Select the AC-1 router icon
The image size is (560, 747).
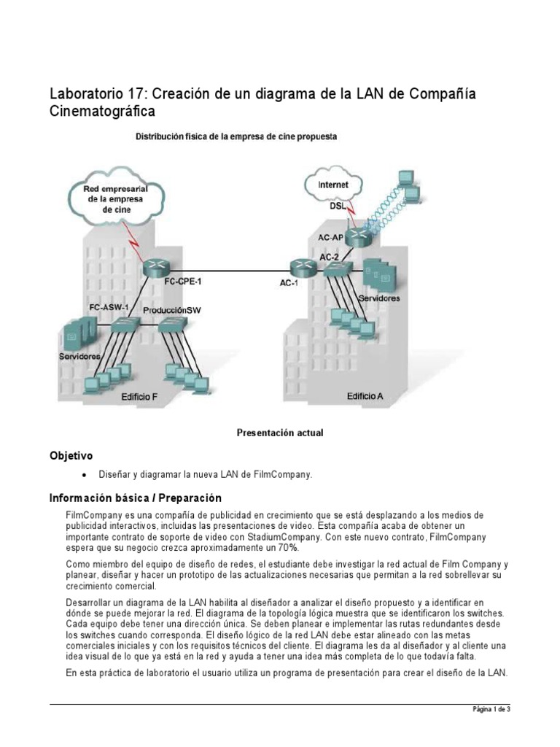coord(300,266)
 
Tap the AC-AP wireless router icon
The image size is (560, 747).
coord(357,236)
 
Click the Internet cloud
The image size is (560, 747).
coord(333,185)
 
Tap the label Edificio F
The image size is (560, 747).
coord(139,397)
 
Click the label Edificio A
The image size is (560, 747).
coord(365,396)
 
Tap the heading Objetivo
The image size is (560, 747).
coord(71,456)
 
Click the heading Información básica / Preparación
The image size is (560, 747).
coord(134,498)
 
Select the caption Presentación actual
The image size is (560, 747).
coord(279,433)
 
